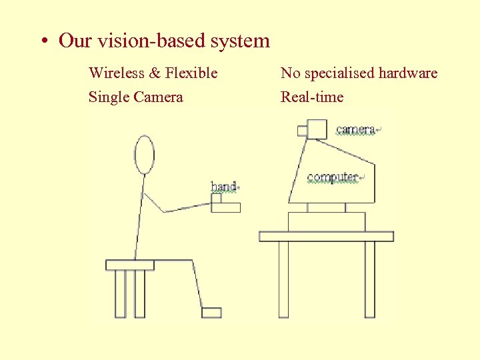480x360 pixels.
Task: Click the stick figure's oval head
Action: (144, 155)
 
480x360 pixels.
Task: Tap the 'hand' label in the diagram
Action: (223, 187)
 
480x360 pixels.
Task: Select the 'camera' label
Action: (355, 129)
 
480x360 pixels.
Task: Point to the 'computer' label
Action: (332, 177)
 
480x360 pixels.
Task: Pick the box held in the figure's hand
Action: (226, 207)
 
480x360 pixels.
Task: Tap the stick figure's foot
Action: (211, 312)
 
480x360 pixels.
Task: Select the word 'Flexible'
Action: (191, 73)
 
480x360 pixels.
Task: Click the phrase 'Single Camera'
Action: (135, 97)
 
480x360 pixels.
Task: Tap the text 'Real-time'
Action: (312, 97)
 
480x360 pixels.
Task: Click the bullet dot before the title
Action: (43, 41)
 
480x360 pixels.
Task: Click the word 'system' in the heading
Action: (240, 41)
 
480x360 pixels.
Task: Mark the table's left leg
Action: (283, 279)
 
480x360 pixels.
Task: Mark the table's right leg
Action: (369, 279)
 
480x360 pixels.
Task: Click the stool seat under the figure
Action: (130, 265)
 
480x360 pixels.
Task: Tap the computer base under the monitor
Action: (327, 221)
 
